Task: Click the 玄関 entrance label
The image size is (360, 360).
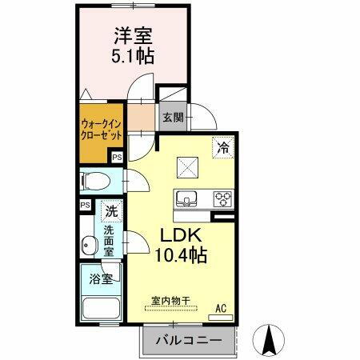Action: (173, 118)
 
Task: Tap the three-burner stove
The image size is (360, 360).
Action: (221, 198)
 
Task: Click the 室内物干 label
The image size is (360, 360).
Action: (170, 302)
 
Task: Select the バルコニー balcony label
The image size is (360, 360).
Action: (186, 340)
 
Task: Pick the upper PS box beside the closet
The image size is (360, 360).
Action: (117, 158)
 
